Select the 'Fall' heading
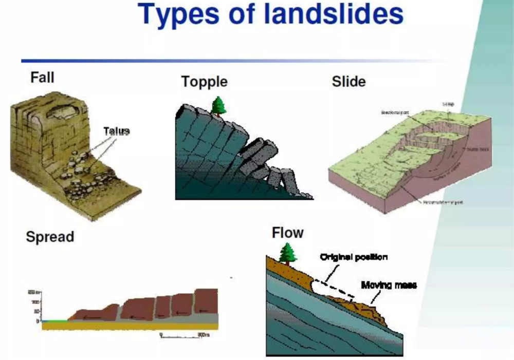[x=43, y=77]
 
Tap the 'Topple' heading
[x=204, y=82]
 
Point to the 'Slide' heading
[x=348, y=81]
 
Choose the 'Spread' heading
[x=50, y=237]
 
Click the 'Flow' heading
[x=287, y=233]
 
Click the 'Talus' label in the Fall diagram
[x=116, y=131]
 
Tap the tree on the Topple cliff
[x=219, y=106]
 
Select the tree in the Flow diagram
[x=287, y=252]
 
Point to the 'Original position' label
[x=354, y=257]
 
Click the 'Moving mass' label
[x=389, y=285]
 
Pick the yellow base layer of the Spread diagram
[x=128, y=326]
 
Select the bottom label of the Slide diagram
[x=443, y=202]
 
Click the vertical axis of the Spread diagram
[x=41, y=306]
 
